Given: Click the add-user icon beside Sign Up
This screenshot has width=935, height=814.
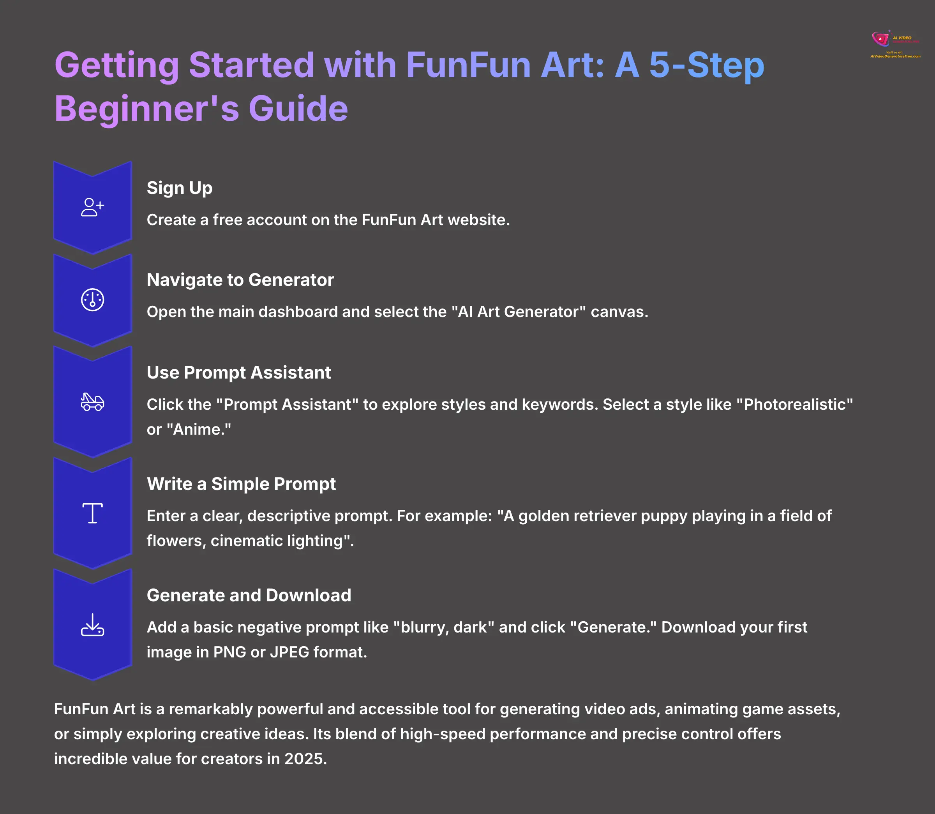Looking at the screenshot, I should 92,207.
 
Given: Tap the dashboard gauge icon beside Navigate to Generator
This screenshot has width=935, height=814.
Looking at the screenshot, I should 92,300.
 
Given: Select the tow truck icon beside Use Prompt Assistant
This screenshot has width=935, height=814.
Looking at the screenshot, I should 92,402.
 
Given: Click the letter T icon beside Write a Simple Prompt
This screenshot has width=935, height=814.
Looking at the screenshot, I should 92,513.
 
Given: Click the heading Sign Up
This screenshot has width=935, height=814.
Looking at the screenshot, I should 180,188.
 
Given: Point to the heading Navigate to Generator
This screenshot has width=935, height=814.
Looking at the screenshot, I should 240,280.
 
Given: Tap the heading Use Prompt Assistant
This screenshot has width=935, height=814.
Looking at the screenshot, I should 238,372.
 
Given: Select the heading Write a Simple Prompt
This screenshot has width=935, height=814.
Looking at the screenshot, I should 241,484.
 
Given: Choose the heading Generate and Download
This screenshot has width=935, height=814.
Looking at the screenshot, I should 249,595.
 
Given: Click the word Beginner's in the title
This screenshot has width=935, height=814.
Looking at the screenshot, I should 147,109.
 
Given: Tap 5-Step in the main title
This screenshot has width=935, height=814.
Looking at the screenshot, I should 706,65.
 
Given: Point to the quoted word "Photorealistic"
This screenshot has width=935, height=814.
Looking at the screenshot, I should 795,404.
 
